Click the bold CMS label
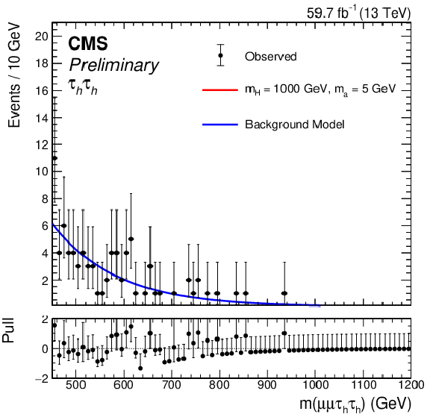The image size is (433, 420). [88, 43]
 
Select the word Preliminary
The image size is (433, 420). [113, 66]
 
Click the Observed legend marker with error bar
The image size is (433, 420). [220, 55]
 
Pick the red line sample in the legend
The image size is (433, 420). [220, 90]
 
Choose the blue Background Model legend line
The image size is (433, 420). [220, 125]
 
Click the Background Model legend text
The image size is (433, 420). [295, 125]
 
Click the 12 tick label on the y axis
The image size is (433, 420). [42, 145]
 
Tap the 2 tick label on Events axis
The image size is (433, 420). [45, 280]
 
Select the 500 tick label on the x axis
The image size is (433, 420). [76, 385]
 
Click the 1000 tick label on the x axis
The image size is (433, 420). [316, 385]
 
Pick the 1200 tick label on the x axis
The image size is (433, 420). [411, 385]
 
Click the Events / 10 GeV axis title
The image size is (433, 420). [13, 75]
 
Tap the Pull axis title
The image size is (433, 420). [8, 330]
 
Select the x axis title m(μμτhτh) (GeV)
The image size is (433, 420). [355, 404]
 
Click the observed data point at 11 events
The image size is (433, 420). [54, 158]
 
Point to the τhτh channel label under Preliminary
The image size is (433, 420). [83, 87]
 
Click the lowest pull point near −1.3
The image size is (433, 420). [140, 368]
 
